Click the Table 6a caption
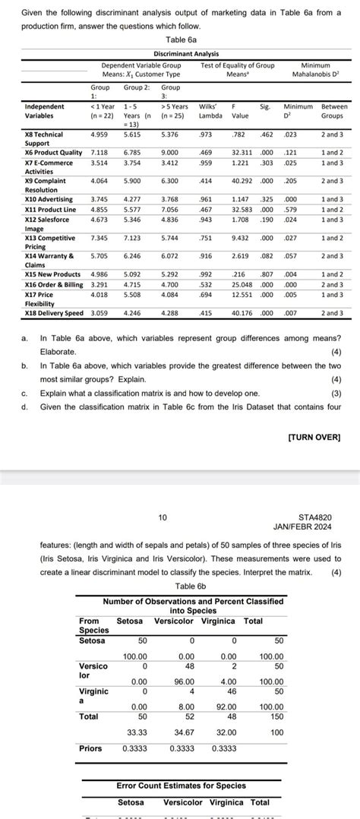(180, 40)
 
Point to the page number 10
(163, 518)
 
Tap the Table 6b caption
(180, 587)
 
